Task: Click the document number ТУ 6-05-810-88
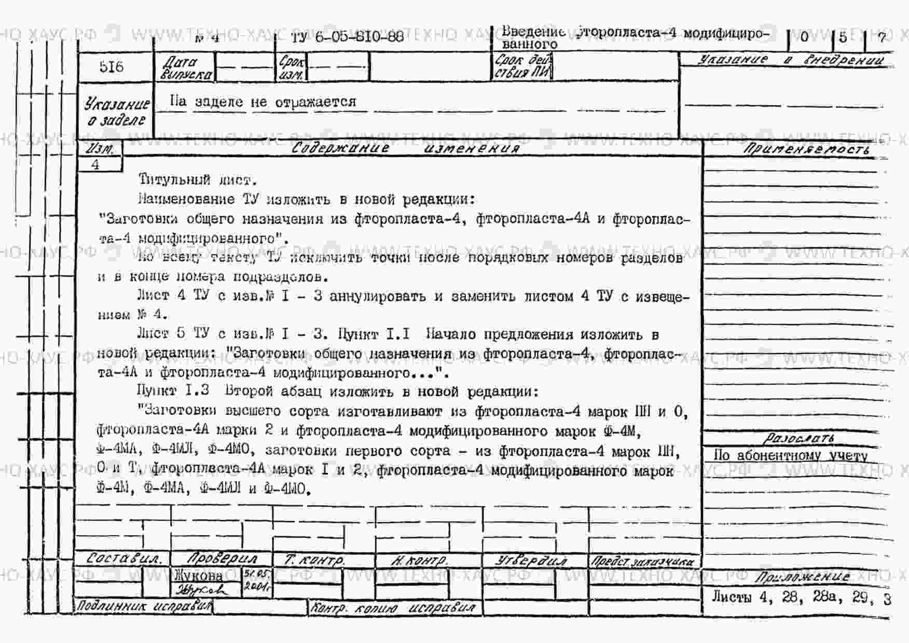pyautogui.click(x=347, y=36)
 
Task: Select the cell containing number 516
pyautogui.click(x=112, y=67)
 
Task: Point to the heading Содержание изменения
pyautogui.click(x=405, y=148)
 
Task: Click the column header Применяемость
pyautogui.click(x=806, y=149)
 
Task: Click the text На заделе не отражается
pyautogui.click(x=263, y=102)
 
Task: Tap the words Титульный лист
pyautogui.click(x=198, y=180)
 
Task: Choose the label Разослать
pyautogui.click(x=799, y=439)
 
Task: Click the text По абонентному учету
pyautogui.click(x=790, y=455)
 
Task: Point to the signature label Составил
pyautogui.click(x=123, y=559)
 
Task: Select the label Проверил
pyautogui.click(x=222, y=559)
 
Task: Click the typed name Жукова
pyautogui.click(x=199, y=575)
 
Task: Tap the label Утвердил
pyautogui.click(x=531, y=561)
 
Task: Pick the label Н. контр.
pyautogui.click(x=419, y=561)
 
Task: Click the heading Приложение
pyautogui.click(x=802, y=577)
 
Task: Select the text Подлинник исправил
pyautogui.click(x=144, y=606)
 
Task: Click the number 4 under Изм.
pyautogui.click(x=95, y=165)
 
